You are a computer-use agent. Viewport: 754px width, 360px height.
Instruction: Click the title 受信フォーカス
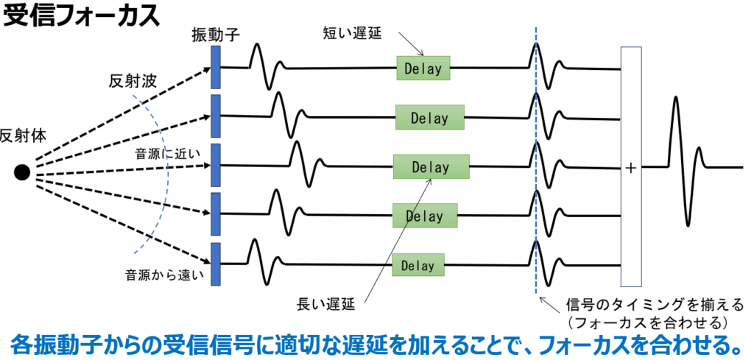pos(82,15)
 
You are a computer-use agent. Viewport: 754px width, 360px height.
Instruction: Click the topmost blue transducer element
pos(216,68)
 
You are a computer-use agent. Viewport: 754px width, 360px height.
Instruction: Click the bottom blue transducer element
pos(216,264)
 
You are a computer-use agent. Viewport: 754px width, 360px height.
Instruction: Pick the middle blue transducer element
pos(216,166)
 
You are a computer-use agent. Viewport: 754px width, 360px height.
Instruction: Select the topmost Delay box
pos(423,68)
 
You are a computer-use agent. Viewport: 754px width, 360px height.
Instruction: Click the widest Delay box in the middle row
pos(431,167)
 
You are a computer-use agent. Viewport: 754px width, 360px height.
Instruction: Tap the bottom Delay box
pos(418,265)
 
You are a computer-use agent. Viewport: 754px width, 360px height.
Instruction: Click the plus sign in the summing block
pos(630,168)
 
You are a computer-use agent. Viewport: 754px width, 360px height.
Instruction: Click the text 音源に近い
pos(161,155)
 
